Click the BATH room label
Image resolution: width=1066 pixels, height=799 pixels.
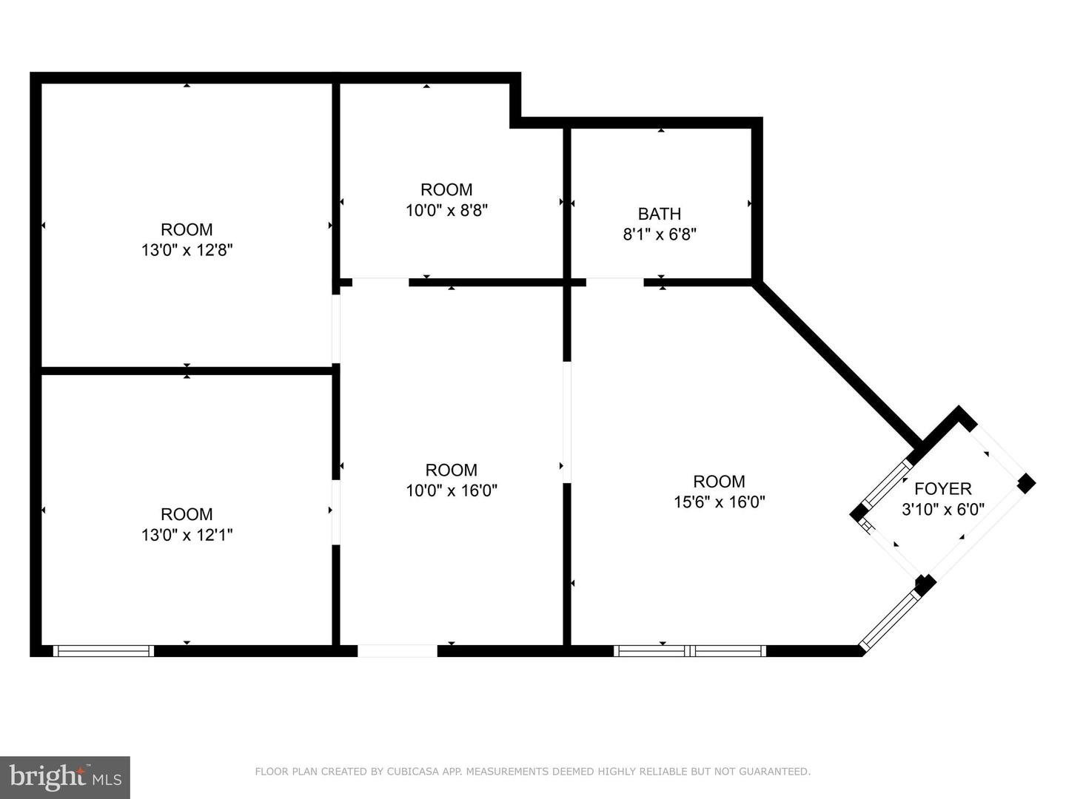coord(659,214)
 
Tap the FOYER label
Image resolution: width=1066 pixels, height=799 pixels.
coord(942,488)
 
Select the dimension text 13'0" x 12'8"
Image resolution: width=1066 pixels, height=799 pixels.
coord(187,250)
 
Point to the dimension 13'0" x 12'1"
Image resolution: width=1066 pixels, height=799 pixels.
coord(187,535)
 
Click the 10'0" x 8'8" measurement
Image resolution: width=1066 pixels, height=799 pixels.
coord(446,211)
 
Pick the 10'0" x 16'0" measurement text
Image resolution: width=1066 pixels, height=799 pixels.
coord(452,491)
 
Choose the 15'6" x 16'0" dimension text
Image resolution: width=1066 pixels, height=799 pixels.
coord(720,502)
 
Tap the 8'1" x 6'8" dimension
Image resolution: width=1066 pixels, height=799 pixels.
coord(660,235)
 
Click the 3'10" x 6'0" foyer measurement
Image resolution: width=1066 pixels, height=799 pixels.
coord(942,510)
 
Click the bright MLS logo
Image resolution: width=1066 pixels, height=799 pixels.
coord(65,777)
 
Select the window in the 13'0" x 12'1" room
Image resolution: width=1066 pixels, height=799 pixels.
coord(104,650)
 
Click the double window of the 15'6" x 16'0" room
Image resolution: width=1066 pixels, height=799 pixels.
coord(690,650)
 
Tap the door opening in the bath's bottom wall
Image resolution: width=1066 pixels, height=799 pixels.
coord(615,283)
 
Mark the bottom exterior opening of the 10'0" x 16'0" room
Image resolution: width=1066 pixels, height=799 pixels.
coord(398,650)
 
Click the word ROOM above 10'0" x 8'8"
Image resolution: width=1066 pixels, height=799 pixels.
coord(446,189)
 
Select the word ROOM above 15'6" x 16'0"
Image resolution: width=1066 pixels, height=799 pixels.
coord(720,481)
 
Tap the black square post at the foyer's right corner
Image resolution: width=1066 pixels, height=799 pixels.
coord(1026,483)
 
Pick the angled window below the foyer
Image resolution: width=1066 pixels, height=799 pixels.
coord(890,620)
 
